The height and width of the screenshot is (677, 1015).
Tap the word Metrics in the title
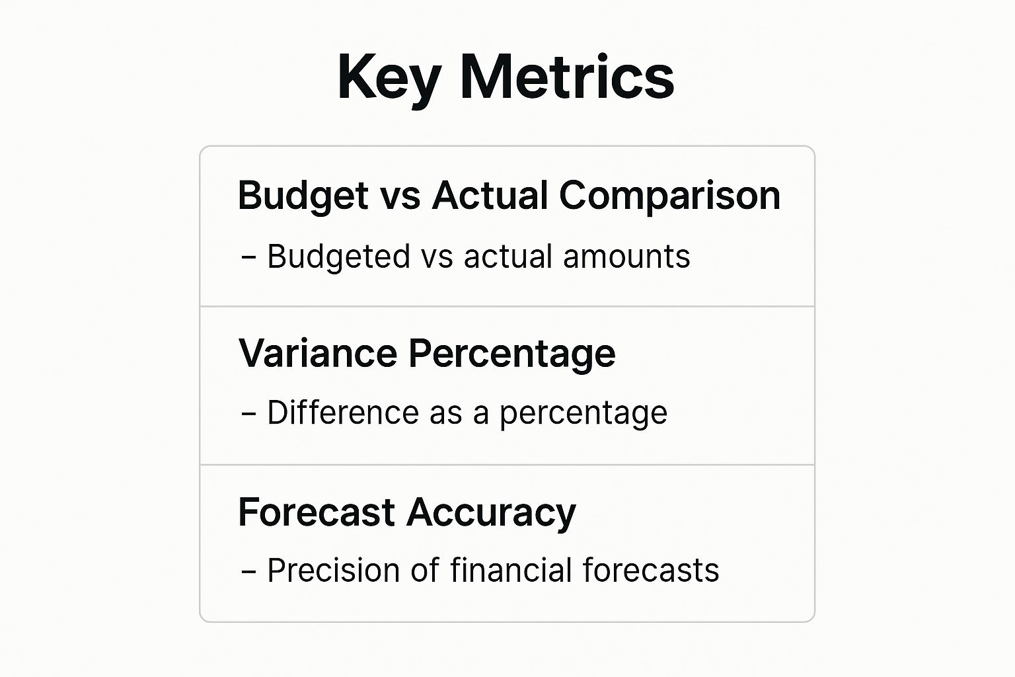coord(567,77)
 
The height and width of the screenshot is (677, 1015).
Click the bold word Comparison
coord(669,196)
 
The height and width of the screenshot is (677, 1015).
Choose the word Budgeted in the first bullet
coord(338,257)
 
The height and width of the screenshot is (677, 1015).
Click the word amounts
coord(626,257)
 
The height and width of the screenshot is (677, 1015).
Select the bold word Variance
coord(317,353)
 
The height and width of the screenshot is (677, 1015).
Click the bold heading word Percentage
coord(511,354)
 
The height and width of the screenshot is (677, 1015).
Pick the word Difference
coord(342,413)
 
